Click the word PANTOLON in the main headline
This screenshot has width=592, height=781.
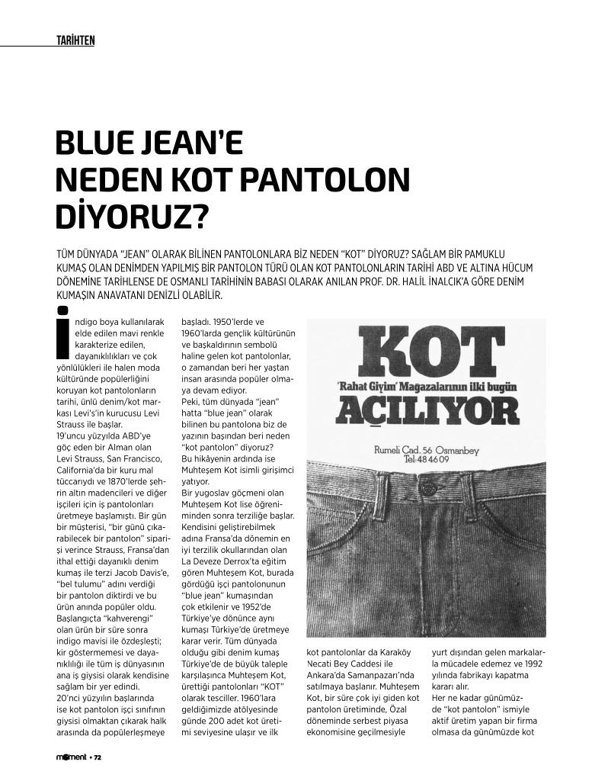tap(325, 180)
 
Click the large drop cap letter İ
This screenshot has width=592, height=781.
tap(64, 333)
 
